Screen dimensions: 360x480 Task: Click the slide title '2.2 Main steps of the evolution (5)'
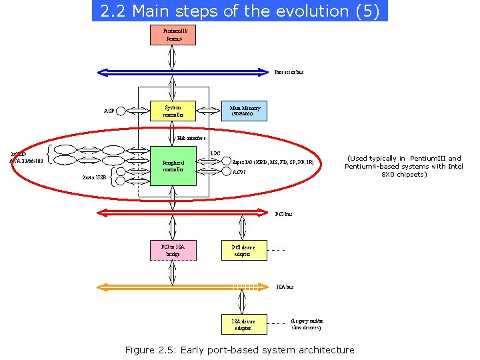239,11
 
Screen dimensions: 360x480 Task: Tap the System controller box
173,111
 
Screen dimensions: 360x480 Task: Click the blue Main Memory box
245,111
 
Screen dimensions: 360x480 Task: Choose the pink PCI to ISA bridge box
173,250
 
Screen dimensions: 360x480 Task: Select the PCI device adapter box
244,250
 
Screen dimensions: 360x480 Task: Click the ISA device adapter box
244,324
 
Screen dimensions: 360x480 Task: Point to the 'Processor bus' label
289,72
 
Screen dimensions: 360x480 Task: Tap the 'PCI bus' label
284,214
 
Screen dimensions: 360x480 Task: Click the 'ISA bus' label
285,287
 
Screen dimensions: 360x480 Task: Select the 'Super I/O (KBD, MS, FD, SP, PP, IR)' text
273,161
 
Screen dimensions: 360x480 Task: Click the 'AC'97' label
239,172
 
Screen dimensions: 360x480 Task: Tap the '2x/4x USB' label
93,178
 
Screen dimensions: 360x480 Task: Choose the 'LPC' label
215,154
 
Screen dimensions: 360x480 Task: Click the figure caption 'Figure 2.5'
239,350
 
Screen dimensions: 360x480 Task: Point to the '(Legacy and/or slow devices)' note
306,324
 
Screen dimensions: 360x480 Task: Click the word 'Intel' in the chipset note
455,167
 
